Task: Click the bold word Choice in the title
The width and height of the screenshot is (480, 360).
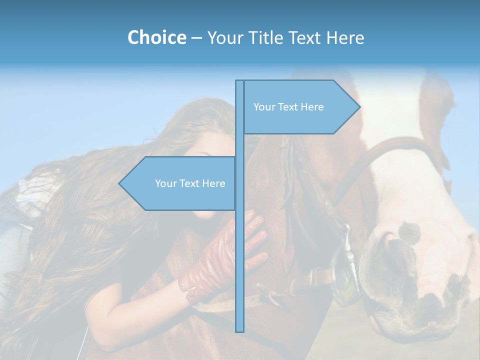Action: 156,37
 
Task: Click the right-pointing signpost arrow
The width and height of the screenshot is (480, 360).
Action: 300,107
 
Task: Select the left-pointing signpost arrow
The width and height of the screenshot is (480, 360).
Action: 180,183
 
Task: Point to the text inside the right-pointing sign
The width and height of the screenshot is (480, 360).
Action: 288,107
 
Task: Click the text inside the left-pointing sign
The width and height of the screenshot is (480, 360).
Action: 190,183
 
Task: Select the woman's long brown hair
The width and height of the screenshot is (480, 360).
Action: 75,225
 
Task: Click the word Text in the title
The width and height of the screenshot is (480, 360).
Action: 306,37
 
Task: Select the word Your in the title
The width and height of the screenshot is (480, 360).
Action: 223,37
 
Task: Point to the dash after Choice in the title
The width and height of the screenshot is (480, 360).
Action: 196,38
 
